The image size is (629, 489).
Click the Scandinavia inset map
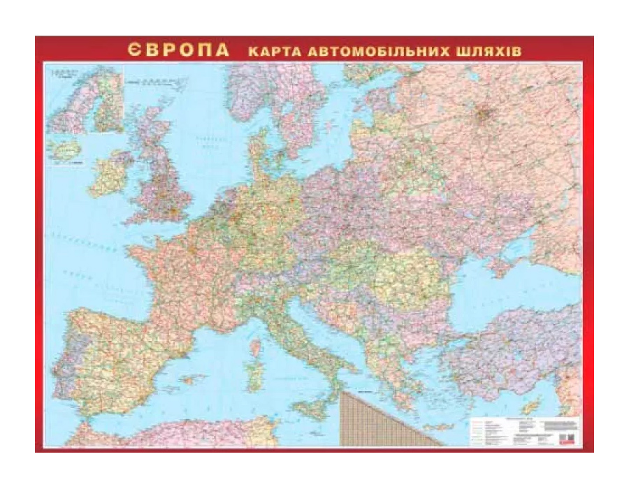pos(85,98)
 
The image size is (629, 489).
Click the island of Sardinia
pos(256,371)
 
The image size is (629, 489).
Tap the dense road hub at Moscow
pos(484,113)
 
